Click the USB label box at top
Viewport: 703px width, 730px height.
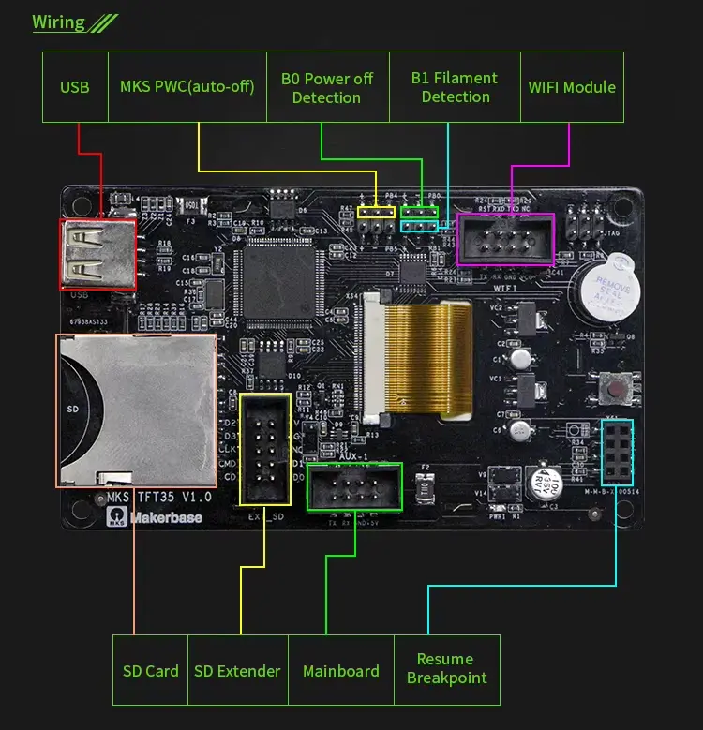click(75, 87)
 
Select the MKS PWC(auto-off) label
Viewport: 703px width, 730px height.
click(187, 87)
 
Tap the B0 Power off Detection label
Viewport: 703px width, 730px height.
click(326, 87)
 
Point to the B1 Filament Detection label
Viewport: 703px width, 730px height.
click(455, 87)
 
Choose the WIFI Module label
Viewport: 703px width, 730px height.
click(572, 87)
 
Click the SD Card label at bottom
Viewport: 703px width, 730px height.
click(150, 671)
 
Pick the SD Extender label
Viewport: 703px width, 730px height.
click(237, 671)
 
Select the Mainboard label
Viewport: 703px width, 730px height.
click(341, 671)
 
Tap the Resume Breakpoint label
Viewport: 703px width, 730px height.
click(446, 668)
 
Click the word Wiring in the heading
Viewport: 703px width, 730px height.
click(58, 22)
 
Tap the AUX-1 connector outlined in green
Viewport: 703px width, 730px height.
click(353, 486)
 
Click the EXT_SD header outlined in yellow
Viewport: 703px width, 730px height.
click(265, 451)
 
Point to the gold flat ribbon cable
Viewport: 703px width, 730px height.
click(430, 360)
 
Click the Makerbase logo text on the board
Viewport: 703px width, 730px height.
click(166, 517)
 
